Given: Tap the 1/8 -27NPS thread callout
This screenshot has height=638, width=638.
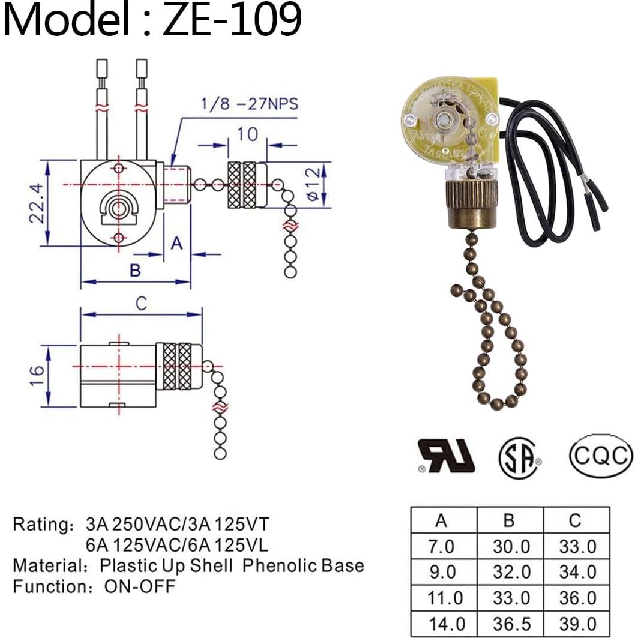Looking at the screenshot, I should (x=248, y=104).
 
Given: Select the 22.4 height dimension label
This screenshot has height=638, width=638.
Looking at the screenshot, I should (x=37, y=203).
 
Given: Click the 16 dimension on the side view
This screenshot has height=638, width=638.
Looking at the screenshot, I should (x=37, y=375).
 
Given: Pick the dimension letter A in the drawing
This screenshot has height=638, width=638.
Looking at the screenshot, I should (x=176, y=243).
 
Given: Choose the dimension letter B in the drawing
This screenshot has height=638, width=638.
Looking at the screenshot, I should (x=135, y=271).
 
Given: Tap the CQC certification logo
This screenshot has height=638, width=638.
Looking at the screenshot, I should (x=600, y=456).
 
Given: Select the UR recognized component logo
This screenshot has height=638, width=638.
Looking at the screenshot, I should (x=446, y=456).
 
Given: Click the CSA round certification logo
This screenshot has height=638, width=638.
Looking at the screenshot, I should (x=519, y=457).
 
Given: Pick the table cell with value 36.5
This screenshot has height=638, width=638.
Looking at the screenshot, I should (x=510, y=623).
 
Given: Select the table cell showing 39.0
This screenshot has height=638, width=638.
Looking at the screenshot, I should (x=575, y=623).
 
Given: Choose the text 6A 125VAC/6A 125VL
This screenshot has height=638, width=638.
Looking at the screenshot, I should (x=177, y=545).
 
